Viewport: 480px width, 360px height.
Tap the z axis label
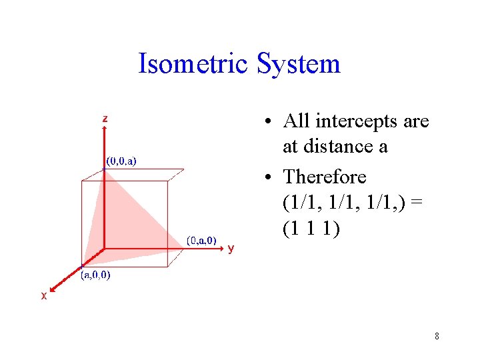105,119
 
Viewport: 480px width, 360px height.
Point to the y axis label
231,249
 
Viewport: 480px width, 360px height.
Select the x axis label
44,296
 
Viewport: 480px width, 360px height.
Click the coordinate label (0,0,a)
121,161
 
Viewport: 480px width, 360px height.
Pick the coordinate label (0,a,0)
201,241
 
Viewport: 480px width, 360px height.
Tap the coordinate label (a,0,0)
95,275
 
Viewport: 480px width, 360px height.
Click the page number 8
437,336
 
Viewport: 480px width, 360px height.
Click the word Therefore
325,177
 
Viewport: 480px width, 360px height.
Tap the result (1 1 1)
311,228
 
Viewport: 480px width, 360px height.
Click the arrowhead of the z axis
105,131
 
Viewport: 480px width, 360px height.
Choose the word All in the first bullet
296,121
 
